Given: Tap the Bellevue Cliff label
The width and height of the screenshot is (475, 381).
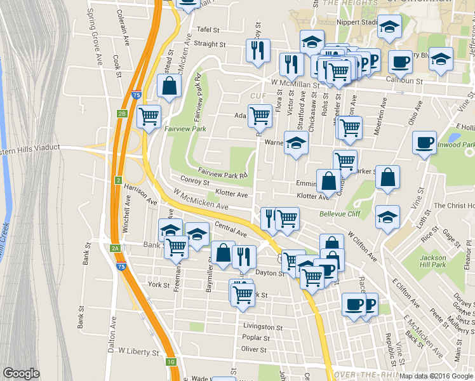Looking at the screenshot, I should (340, 214).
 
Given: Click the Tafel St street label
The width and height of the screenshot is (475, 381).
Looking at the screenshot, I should (208, 29).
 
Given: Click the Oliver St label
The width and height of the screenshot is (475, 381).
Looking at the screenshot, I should (253, 349).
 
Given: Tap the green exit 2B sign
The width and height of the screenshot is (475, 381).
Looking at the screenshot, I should (123, 114).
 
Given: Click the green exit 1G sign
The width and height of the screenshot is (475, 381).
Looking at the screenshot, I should (171, 362).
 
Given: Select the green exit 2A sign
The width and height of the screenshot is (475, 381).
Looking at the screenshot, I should (115, 248).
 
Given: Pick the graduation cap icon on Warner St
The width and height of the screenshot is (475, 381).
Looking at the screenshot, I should (296, 144).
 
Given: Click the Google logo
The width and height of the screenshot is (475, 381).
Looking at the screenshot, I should (21, 373).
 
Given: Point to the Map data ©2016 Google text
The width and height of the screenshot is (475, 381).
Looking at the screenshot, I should (436, 376).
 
